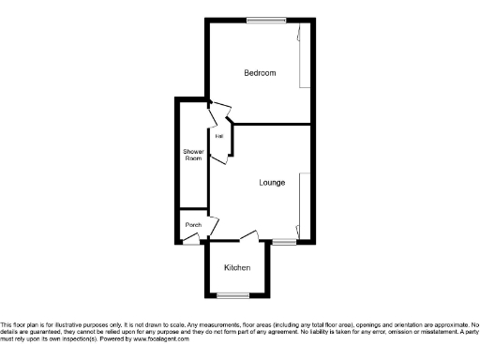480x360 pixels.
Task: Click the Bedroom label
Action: (260, 73)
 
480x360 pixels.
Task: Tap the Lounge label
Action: (272, 182)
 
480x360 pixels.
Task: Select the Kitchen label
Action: (237, 268)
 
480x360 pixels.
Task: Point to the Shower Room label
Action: (193, 155)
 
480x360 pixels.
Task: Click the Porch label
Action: (193, 225)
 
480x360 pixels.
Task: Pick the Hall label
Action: (218, 137)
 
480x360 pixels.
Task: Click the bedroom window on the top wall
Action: (260, 21)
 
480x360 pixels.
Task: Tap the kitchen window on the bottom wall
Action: (237, 296)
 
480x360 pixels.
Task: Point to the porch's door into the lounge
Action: (214, 226)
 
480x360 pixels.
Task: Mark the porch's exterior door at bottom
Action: (191, 240)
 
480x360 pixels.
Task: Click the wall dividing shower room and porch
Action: (193, 210)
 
